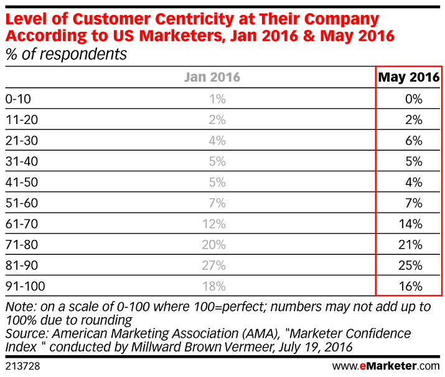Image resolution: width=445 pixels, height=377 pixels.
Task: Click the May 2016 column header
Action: [409, 77]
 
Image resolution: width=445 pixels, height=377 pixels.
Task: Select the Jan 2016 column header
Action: [212, 77]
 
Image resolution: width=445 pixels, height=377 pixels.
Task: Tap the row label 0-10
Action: [17, 98]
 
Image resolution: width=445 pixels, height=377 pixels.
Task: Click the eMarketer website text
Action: [386, 366]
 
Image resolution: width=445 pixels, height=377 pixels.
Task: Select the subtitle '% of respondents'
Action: [66, 54]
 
